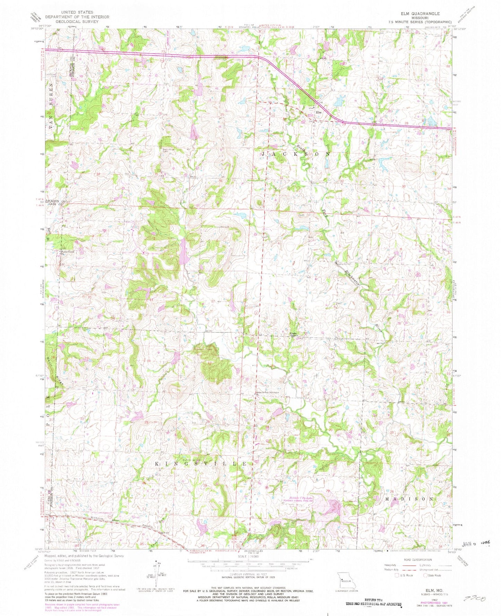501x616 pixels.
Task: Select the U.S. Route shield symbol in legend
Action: click(x=398, y=575)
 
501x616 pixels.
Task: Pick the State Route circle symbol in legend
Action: click(x=426, y=575)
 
